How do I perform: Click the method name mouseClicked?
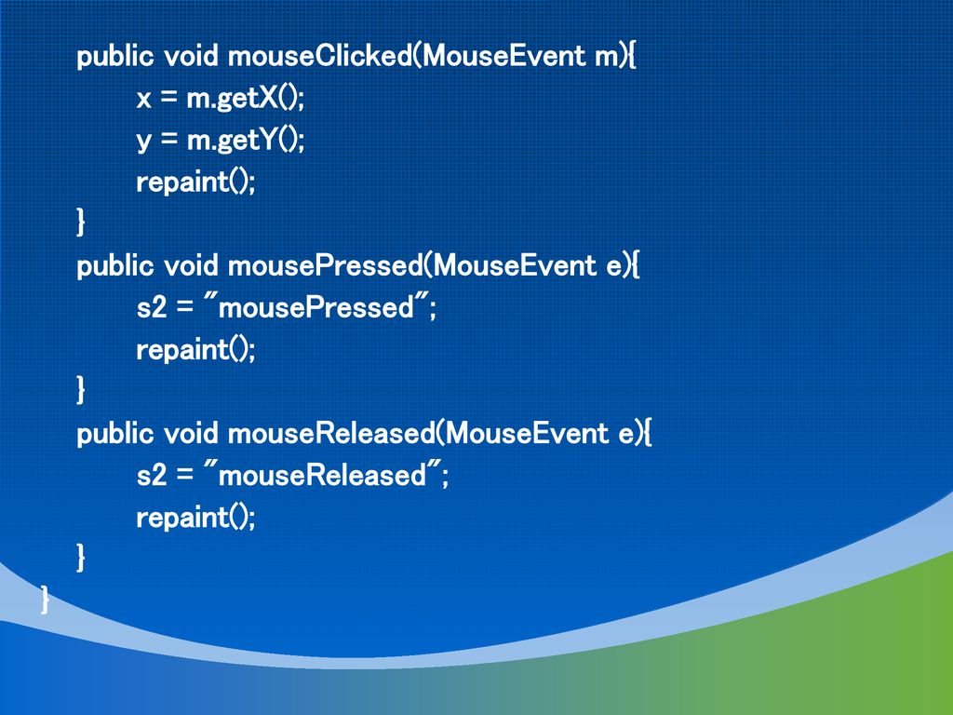pyautogui.click(x=320, y=56)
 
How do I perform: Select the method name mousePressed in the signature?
pyautogui.click(x=326, y=265)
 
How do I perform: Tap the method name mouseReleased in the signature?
pyautogui.click(x=332, y=434)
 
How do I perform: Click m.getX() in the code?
pyautogui.click(x=245, y=99)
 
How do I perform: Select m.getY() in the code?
pyautogui.click(x=245, y=141)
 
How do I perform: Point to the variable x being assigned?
pyautogui.click(x=143, y=100)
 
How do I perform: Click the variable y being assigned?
pyautogui.click(x=143, y=142)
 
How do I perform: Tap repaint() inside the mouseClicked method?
pyautogui.click(x=195, y=182)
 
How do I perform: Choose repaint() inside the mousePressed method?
pyautogui.click(x=195, y=350)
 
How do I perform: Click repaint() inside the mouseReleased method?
pyautogui.click(x=195, y=518)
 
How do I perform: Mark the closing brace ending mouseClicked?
pyautogui.click(x=81, y=222)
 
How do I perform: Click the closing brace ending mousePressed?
pyautogui.click(x=81, y=390)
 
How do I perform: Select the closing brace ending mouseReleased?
pyautogui.click(x=81, y=558)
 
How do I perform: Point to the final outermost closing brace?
pyautogui.click(x=45, y=600)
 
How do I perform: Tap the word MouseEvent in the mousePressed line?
pyautogui.click(x=516, y=265)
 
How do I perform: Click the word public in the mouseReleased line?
pyautogui.click(x=115, y=435)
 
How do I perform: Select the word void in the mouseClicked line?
pyautogui.click(x=191, y=56)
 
